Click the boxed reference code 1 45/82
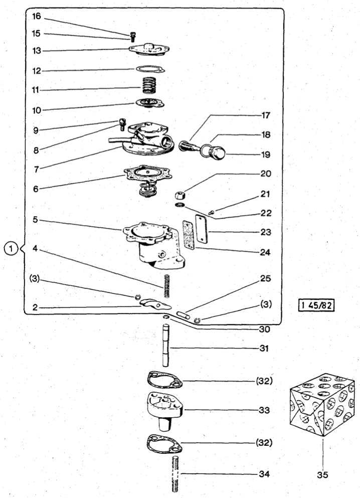[316, 305]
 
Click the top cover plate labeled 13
[149, 49]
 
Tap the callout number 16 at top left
[37, 16]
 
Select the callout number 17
[265, 115]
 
